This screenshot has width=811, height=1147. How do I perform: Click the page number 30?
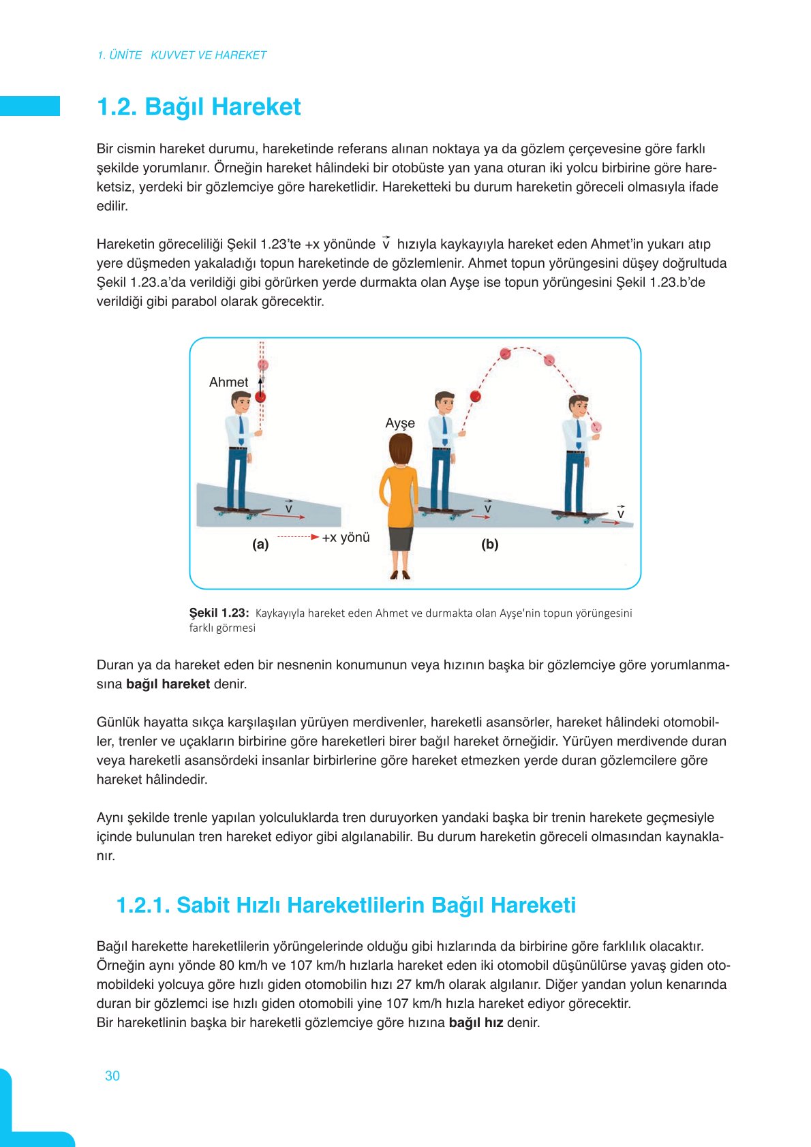tap(112, 1075)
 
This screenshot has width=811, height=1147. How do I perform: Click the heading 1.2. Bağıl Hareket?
tap(198, 107)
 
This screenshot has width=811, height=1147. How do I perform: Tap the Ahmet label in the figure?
tap(228, 382)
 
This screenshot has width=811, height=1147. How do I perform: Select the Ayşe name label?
tap(400, 423)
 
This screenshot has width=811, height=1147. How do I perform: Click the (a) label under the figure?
tap(260, 544)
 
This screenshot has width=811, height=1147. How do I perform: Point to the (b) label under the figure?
tap(489, 544)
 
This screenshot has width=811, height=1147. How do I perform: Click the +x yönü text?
tap(346, 537)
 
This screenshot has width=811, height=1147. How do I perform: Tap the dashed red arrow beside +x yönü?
tap(298, 537)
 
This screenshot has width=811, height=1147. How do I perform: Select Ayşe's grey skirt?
tap(401, 538)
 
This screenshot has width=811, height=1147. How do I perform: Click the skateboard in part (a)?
tap(242, 511)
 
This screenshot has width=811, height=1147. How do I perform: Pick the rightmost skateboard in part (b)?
tap(579, 515)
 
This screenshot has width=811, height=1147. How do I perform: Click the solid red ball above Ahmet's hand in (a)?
tap(260, 397)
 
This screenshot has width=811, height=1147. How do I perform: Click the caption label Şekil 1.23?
tap(219, 613)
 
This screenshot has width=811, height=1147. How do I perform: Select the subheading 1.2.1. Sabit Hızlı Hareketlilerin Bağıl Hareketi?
tap(346, 905)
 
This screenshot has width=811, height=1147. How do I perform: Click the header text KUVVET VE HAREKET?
tap(209, 55)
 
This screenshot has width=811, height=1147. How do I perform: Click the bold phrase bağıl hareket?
tap(168, 684)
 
